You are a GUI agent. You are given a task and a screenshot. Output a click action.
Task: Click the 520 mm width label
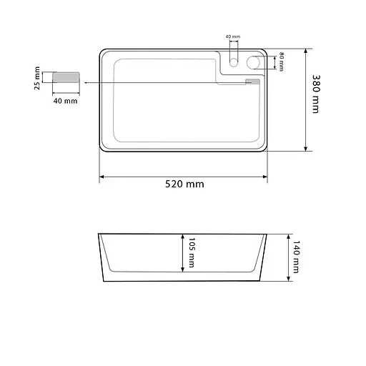(x=184, y=184)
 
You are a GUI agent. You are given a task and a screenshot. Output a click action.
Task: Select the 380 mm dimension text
(x=316, y=94)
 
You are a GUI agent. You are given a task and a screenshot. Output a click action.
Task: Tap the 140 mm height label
(x=296, y=257)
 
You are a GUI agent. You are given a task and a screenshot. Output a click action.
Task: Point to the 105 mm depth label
(x=192, y=252)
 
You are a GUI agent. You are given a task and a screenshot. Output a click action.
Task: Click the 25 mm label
(x=37, y=78)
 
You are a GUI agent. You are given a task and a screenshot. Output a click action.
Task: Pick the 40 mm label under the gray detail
(x=65, y=101)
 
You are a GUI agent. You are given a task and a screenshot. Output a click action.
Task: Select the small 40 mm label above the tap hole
(x=233, y=36)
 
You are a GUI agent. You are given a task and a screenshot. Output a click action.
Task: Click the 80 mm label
(x=282, y=61)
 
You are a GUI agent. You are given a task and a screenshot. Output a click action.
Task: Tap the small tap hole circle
(x=234, y=62)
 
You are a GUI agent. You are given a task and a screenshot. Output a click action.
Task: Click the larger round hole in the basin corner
(x=253, y=62)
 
